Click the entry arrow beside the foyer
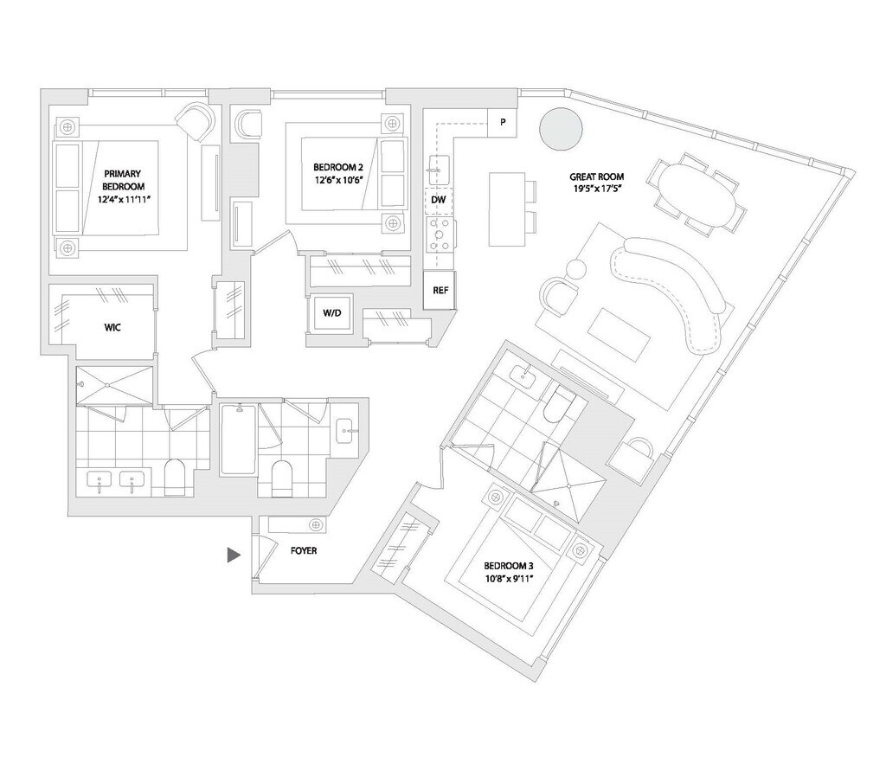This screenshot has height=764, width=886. (234, 555)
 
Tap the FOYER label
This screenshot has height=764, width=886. (304, 550)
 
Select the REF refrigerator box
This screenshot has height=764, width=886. (440, 290)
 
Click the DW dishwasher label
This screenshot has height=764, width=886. (439, 200)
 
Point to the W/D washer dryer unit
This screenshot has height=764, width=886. (331, 313)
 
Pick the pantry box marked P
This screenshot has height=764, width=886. (503, 121)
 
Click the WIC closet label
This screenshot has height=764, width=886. (112, 327)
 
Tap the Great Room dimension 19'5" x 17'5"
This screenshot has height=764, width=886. (597, 189)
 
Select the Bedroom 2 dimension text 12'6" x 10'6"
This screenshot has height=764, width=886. (338, 180)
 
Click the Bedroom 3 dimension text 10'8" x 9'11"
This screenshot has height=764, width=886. (509, 578)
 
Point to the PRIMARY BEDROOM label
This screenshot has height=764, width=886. (123, 180)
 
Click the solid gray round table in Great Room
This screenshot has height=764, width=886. (560, 128)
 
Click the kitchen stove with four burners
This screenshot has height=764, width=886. (440, 234)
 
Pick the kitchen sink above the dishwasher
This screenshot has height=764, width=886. (439, 170)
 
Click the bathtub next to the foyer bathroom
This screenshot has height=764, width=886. (237, 439)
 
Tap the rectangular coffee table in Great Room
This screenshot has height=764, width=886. (620, 336)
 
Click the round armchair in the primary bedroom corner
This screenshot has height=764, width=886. (196, 121)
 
